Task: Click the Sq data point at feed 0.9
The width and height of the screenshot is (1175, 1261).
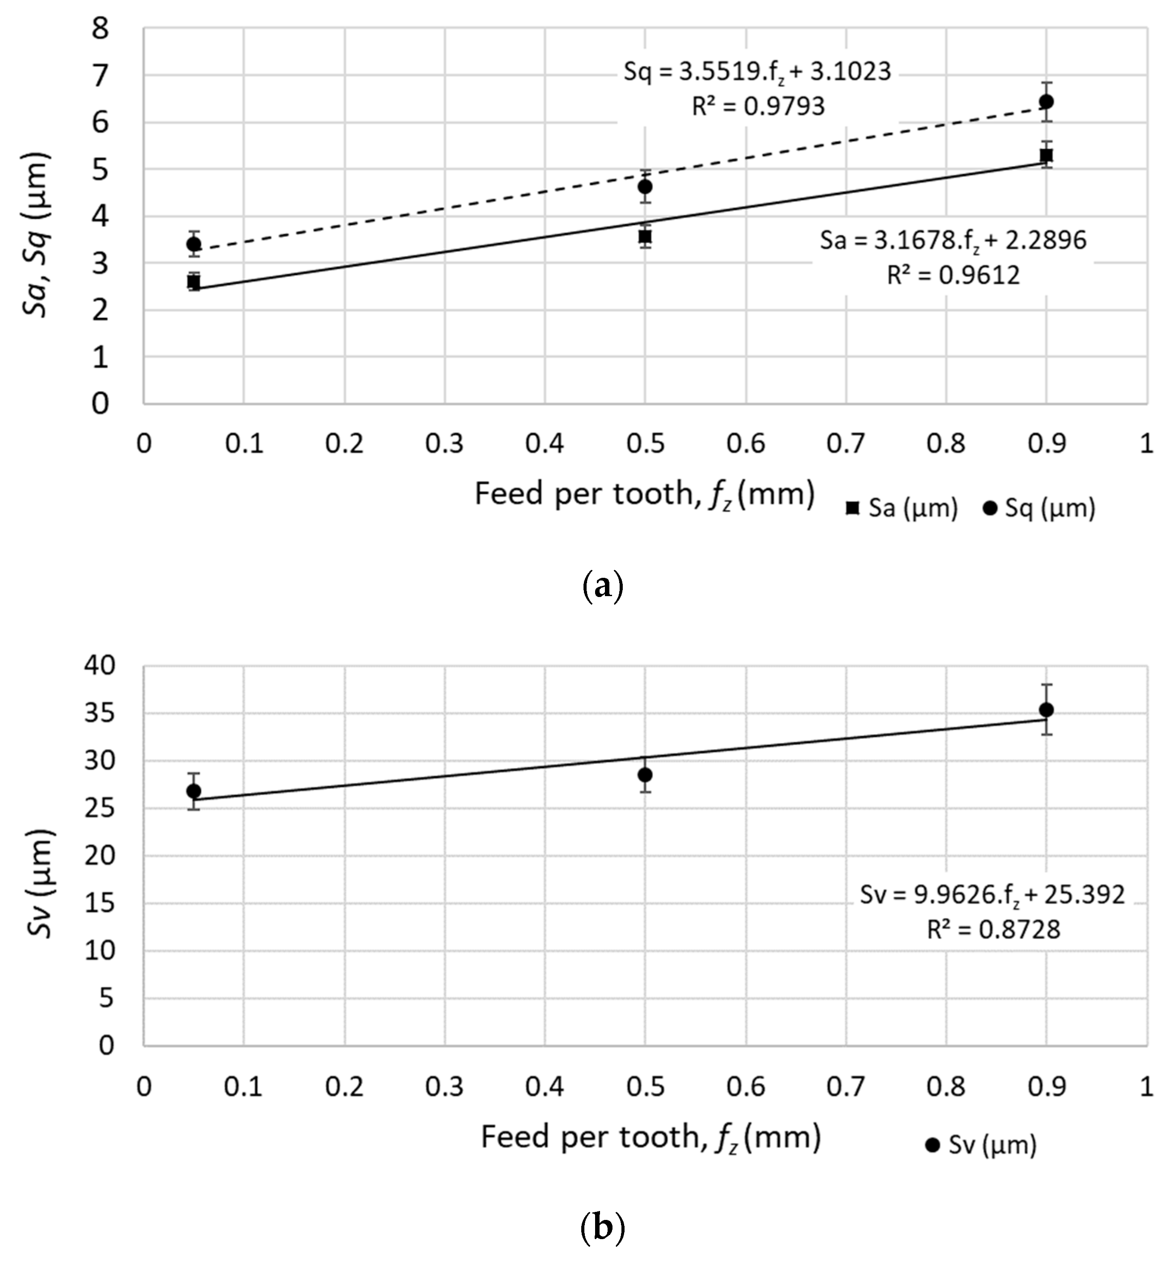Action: [x=1046, y=101]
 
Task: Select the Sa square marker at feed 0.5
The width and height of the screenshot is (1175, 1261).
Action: [x=645, y=237]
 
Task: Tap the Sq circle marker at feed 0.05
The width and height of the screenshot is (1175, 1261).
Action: [x=194, y=244]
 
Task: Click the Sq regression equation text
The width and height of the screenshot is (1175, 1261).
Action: [x=757, y=72]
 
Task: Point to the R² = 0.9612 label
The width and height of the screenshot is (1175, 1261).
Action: [x=953, y=276]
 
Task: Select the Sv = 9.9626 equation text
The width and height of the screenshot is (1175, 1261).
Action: [x=992, y=894]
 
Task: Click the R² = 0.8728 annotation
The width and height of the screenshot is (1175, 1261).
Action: [x=993, y=929]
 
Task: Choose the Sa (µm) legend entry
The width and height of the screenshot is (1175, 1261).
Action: [x=902, y=508]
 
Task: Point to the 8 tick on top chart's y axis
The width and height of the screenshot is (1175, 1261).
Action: [x=100, y=29]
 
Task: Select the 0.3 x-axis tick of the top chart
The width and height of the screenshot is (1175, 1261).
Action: [x=445, y=443]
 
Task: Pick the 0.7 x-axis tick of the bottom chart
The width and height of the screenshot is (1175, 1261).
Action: [x=846, y=1086]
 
